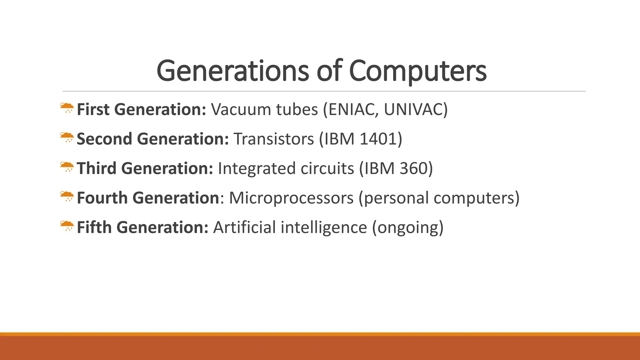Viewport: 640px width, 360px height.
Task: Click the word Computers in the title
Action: click(417, 71)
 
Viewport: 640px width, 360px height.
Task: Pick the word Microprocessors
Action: click(291, 198)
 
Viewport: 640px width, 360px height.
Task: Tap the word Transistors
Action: click(273, 139)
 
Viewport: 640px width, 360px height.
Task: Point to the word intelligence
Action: click(323, 227)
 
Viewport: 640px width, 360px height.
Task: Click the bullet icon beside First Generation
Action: click(67, 108)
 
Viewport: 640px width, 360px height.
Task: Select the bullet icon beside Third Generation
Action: click(67, 167)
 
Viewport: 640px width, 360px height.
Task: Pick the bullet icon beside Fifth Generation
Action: click(67, 226)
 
